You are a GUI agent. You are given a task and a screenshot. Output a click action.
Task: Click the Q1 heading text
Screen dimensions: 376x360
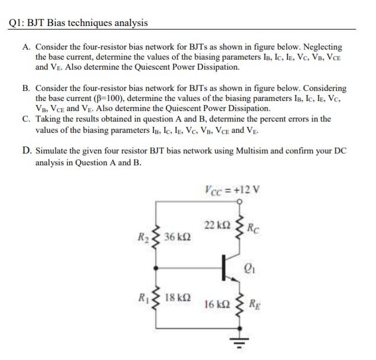79,23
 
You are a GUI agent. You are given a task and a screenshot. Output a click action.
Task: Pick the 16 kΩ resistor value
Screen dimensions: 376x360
215,305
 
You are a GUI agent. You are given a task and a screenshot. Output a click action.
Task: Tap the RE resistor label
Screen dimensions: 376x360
255,306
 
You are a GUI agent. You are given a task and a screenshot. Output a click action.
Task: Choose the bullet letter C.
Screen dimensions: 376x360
27,119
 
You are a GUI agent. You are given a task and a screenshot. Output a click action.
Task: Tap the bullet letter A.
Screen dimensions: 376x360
27,47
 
